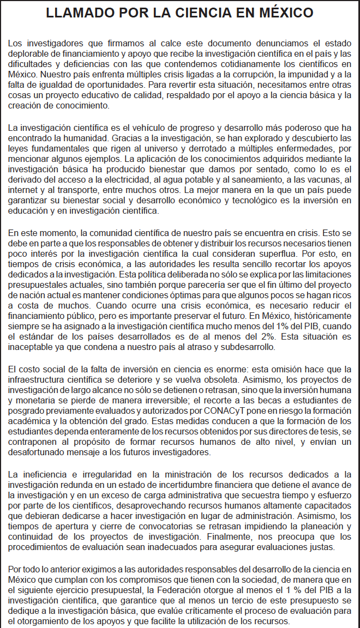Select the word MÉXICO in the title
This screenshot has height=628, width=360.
click(283, 14)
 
